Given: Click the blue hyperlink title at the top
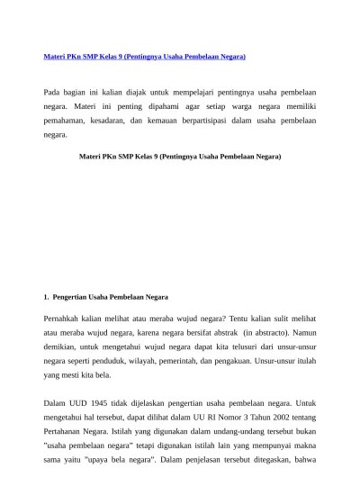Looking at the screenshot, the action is tap(145, 57).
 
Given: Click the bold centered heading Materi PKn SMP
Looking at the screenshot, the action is tap(180, 157).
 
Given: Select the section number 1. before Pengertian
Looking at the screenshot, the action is tap(47, 296).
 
